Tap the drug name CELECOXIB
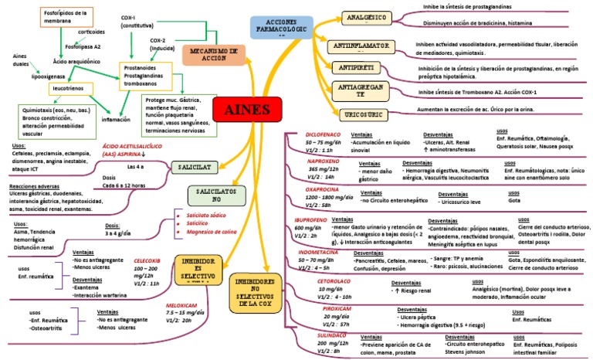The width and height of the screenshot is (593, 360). [x=146, y=261]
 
